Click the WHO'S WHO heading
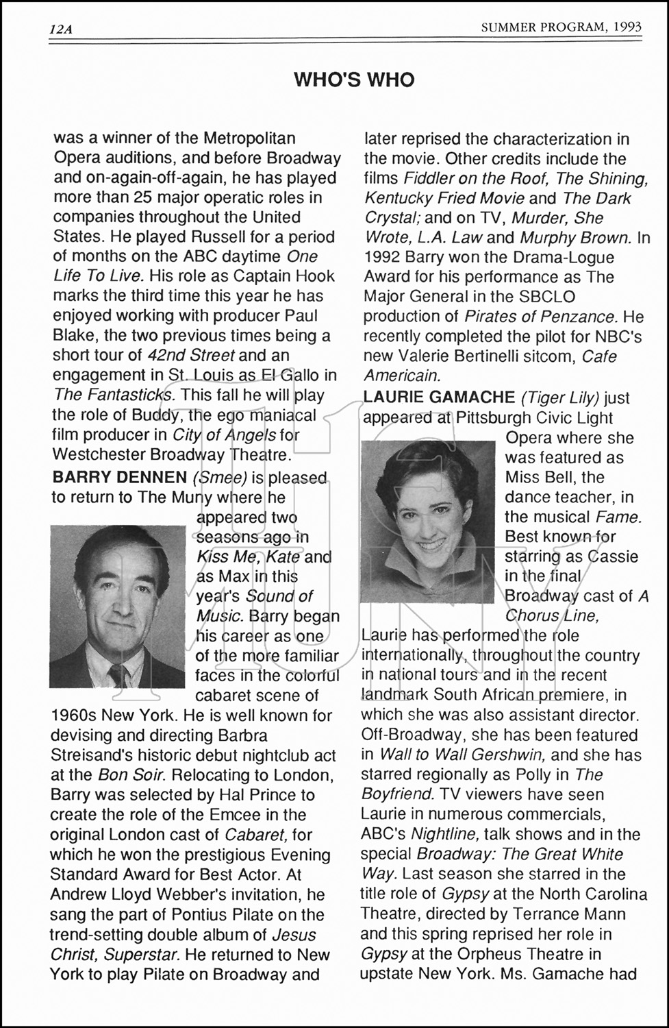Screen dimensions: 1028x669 point(354,80)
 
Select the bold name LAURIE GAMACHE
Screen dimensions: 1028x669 point(439,397)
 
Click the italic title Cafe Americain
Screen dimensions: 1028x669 point(490,366)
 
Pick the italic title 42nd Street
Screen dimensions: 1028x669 point(191,356)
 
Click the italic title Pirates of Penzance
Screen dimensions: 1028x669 point(541,317)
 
